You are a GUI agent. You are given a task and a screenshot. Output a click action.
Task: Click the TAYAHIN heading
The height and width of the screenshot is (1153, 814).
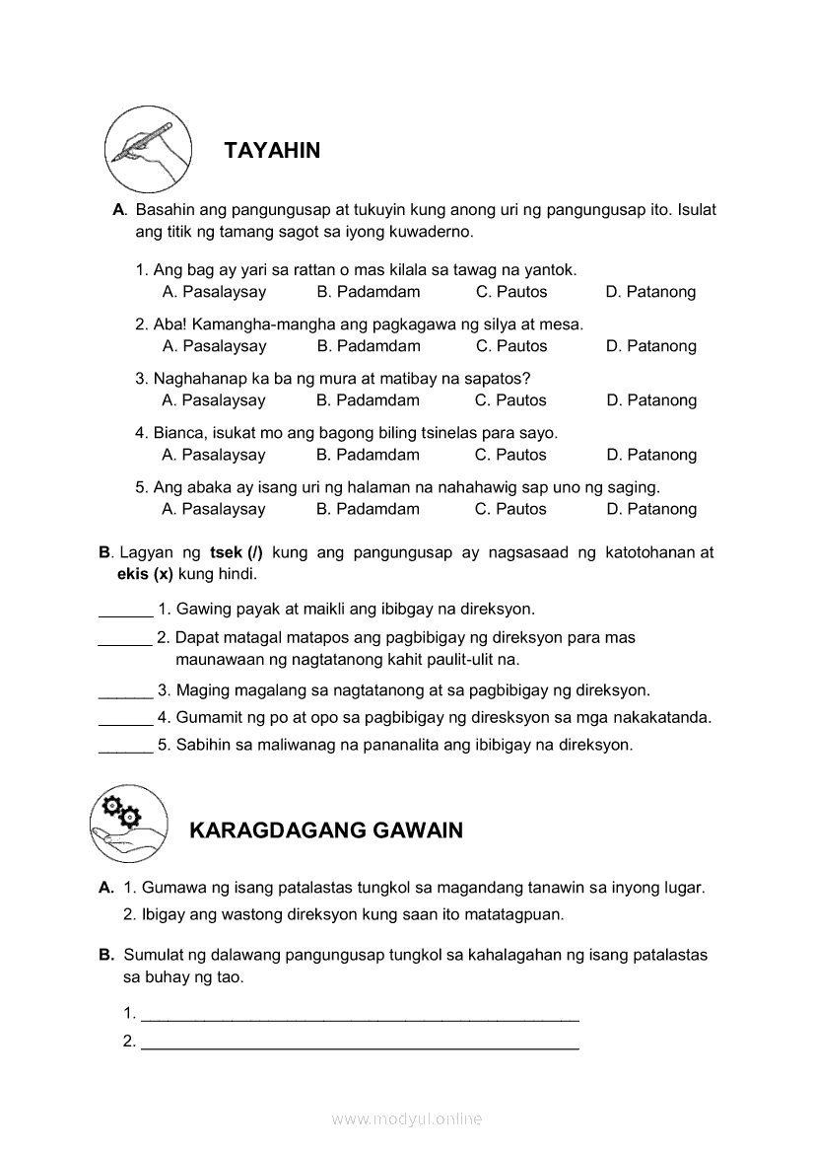pyautogui.click(x=272, y=151)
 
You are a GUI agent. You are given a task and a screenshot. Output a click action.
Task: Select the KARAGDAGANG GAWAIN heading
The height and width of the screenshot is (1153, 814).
pyautogui.click(x=325, y=830)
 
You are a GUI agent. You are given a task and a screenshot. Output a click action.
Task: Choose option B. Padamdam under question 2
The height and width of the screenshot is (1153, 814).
pyautogui.click(x=369, y=346)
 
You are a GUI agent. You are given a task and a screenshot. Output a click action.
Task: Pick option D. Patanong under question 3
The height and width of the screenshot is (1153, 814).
pyautogui.click(x=651, y=400)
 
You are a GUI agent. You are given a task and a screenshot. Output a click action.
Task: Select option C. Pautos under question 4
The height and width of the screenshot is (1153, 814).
pyautogui.click(x=510, y=455)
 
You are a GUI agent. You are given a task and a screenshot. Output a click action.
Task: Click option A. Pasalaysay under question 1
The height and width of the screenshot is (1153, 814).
pyautogui.click(x=214, y=292)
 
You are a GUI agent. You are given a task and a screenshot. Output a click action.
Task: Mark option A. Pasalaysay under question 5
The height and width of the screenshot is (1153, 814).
pyautogui.click(x=214, y=509)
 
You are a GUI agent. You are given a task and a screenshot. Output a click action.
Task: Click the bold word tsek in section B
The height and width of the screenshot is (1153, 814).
pyautogui.click(x=227, y=552)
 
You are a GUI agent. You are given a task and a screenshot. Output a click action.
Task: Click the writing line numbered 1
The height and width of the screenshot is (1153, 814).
pyautogui.click(x=360, y=1015)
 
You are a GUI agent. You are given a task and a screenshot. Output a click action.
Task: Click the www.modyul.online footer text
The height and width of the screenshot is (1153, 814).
pyautogui.click(x=407, y=1119)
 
